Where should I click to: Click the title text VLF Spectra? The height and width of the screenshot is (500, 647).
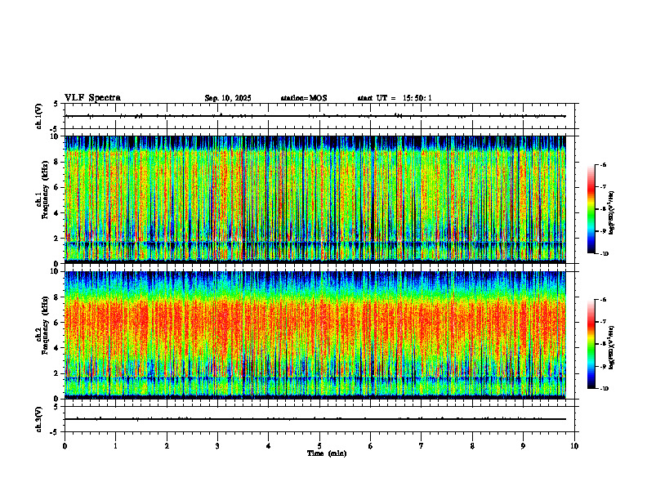click(x=92, y=98)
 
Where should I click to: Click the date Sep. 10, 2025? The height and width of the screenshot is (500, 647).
click(x=228, y=98)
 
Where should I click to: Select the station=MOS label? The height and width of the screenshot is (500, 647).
click(x=303, y=98)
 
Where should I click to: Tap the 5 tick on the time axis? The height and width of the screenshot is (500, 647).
click(x=319, y=445)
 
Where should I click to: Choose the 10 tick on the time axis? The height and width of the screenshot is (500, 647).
click(x=574, y=445)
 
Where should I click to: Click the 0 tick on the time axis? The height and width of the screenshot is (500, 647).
click(x=65, y=445)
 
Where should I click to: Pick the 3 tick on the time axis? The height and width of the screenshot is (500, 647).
click(x=217, y=445)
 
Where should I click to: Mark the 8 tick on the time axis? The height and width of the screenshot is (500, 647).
click(x=472, y=445)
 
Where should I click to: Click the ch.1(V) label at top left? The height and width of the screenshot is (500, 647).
click(x=38, y=116)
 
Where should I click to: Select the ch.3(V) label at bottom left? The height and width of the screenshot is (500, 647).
click(x=38, y=418)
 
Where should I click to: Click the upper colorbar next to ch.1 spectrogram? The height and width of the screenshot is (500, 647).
click(x=591, y=209)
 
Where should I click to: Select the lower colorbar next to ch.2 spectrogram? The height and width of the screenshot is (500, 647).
click(x=591, y=344)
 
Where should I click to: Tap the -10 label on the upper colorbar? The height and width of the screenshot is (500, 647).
click(x=603, y=254)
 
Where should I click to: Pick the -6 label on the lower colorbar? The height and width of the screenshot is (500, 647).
click(x=603, y=300)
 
